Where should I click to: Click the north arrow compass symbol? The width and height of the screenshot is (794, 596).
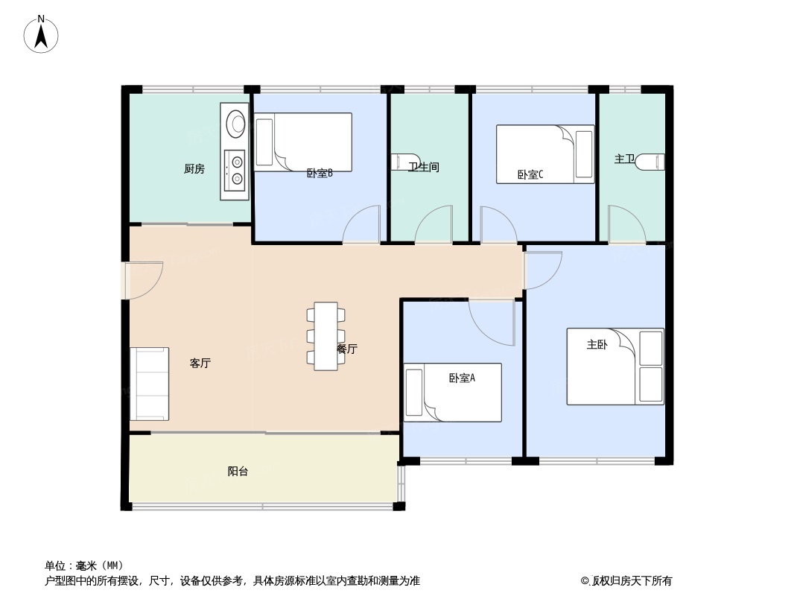pos(41,34)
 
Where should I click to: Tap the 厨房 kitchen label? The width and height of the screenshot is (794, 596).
pos(194,168)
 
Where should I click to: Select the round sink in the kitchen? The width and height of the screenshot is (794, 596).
pos(235,123)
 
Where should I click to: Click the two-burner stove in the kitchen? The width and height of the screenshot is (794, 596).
pos(235,170)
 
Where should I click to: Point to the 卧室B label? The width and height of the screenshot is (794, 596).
pos(320,173)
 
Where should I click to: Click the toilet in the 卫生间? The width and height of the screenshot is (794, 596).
pos(406,162)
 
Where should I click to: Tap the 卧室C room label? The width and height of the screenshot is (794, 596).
pos(530,174)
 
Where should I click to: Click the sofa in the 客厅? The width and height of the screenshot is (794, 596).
pos(150,384)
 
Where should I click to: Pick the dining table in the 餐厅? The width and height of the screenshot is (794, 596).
pos(325,336)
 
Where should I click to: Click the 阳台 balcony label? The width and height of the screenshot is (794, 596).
pos(238,472)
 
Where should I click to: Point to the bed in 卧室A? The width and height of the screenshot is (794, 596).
pos(452,393)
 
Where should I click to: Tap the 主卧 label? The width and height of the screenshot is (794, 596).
pos(597,345)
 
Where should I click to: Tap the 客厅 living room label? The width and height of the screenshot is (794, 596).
pos(200,363)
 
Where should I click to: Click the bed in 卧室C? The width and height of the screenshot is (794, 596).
pos(545,154)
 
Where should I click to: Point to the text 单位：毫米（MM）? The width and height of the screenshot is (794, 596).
pos(84,565)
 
